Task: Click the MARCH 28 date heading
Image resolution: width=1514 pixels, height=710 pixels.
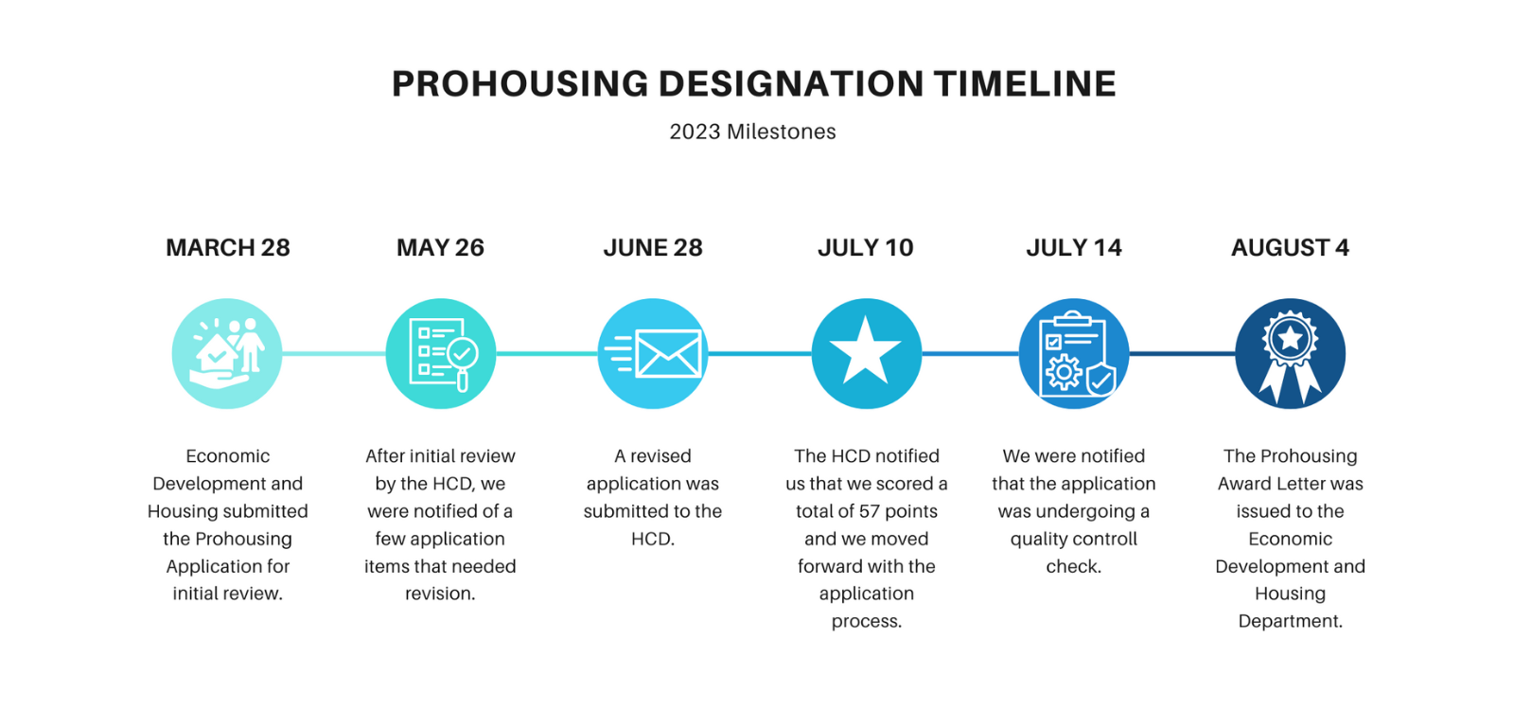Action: [x=227, y=248]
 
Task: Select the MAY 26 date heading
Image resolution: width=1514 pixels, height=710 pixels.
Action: [x=440, y=248]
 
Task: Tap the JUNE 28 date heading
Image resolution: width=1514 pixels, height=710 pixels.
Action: [x=653, y=248]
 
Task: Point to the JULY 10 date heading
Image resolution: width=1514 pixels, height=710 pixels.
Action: [x=865, y=248]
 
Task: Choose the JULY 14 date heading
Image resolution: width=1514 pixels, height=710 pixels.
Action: [x=1074, y=248]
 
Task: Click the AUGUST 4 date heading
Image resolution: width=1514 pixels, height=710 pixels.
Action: [x=1290, y=248]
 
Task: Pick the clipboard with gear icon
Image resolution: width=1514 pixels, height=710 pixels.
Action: [x=1074, y=354]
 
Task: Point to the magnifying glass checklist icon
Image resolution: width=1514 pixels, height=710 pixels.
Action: [x=441, y=354]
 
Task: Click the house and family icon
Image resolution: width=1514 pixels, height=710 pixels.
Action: [x=227, y=354]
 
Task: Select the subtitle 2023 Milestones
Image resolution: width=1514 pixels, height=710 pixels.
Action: [x=752, y=132]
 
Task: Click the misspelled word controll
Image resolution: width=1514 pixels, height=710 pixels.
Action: [x=1101, y=539]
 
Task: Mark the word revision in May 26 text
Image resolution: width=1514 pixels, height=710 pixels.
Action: [x=440, y=594]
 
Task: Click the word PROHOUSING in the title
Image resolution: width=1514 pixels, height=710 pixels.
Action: [x=519, y=84]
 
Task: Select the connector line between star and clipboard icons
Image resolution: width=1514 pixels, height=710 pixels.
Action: [x=970, y=354]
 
